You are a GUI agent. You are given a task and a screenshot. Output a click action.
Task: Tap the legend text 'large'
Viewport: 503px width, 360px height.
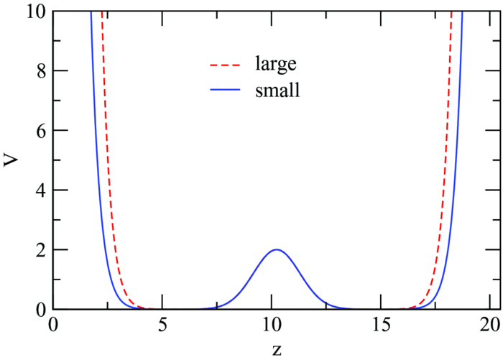click(274, 65)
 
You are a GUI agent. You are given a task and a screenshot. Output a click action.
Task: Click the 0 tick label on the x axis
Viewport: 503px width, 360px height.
click(53, 325)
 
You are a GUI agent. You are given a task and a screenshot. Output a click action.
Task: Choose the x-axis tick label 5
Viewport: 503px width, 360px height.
click(162, 325)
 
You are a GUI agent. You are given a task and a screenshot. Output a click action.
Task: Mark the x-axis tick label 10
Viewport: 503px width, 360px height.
click(272, 325)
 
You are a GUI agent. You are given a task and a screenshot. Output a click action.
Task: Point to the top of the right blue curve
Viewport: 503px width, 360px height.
click(462, 13)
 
